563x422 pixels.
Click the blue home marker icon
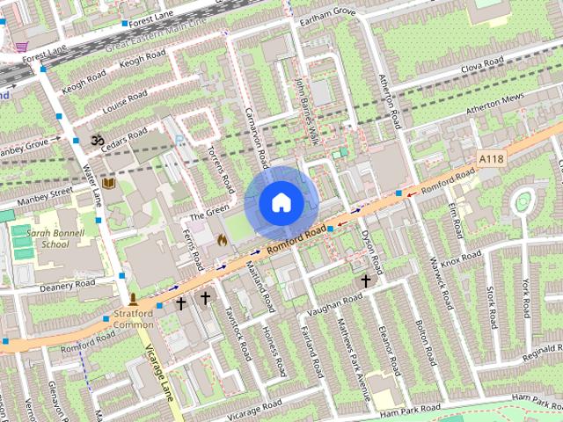click(281, 203)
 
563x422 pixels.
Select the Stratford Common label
click(134, 319)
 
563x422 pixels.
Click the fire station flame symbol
click(222, 238)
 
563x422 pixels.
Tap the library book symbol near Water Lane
click(109, 183)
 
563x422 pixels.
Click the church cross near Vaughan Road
click(366, 281)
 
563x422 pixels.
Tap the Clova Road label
click(482, 62)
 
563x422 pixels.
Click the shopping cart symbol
click(20, 46)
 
